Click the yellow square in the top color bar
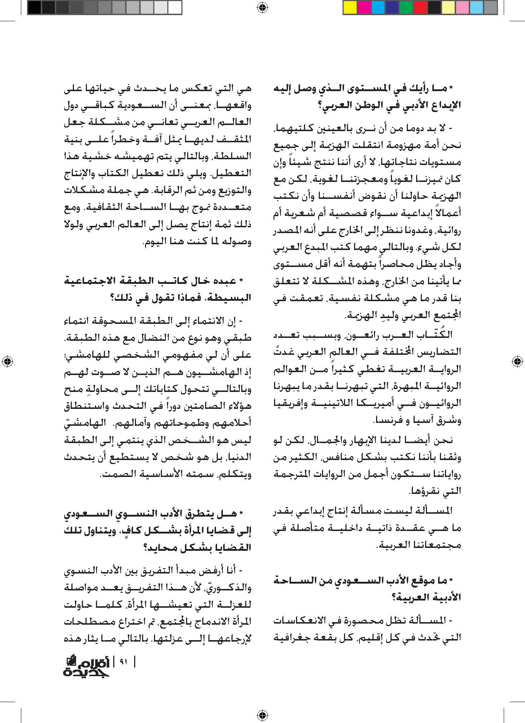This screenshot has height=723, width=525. pyautogui.click(x=350, y=7)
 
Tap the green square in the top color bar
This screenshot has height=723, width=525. pyautogui.click(x=406, y=7)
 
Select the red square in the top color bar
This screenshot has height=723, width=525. pyautogui.click(x=420, y=7)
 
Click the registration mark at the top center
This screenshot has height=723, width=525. pyautogui.click(x=262, y=8)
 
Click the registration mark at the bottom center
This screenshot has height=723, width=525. pyautogui.click(x=262, y=715)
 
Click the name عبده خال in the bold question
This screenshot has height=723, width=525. pyautogui.click(x=219, y=281)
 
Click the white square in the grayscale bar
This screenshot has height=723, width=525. pyautogui.click(x=175, y=7)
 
